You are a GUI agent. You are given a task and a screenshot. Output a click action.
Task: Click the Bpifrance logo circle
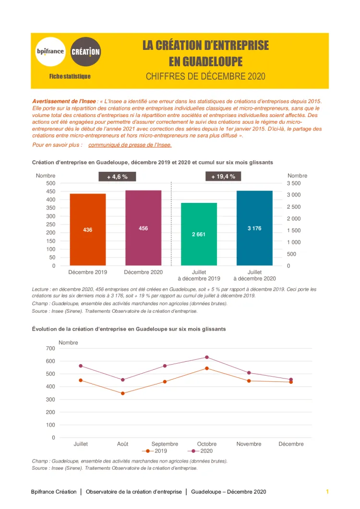click(50, 52)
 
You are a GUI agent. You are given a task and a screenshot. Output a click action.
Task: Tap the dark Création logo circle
click(86, 52)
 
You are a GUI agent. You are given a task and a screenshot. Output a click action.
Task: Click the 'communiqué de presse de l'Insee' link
click(130, 144)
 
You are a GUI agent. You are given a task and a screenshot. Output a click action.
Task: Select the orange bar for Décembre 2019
click(87, 229)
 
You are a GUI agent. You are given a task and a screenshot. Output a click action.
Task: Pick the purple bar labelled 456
click(143, 228)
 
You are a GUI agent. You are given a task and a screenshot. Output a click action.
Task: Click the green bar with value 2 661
click(199, 234)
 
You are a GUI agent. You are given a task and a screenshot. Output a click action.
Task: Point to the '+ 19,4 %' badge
click(223, 177)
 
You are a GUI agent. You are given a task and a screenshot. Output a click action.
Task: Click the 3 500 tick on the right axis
click(294, 183)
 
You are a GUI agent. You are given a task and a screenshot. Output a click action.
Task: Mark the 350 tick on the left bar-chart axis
click(50, 208)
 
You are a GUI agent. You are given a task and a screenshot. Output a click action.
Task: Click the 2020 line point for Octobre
click(207, 357)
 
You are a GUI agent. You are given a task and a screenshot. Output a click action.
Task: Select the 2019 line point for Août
click(122, 393)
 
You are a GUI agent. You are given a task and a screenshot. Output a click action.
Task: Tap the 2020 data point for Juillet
click(81, 366)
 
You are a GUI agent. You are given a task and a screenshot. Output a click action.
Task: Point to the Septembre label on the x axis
click(165, 444)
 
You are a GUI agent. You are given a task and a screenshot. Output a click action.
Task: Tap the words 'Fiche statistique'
click(70, 76)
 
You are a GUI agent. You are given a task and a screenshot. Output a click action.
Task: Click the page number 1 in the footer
click(327, 491)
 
